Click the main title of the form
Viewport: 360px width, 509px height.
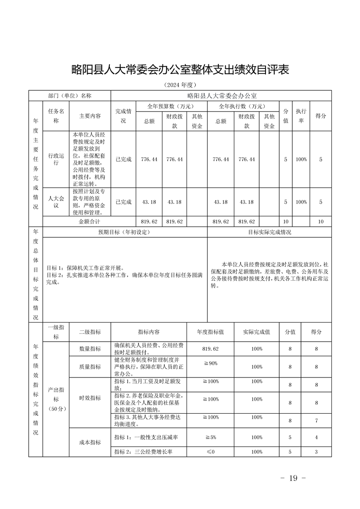(x=180, y=69)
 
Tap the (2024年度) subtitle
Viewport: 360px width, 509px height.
(x=180, y=85)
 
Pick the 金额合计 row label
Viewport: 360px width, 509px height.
(x=89, y=221)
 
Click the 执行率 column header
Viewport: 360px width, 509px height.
(x=301, y=116)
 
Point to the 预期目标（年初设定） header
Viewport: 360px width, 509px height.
(x=124, y=232)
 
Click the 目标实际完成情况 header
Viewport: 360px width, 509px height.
(x=270, y=232)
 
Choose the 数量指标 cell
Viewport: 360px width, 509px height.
(x=90, y=349)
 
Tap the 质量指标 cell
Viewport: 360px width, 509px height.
(x=90, y=367)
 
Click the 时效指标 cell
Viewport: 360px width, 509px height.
(x=90, y=398)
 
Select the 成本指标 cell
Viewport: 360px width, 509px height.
(x=90, y=442)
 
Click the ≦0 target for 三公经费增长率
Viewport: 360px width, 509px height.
(x=210, y=452)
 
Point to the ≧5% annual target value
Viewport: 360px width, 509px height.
(x=210, y=437)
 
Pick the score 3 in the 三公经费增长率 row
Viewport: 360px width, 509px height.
(x=316, y=452)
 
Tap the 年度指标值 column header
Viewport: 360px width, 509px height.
(x=210, y=332)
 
